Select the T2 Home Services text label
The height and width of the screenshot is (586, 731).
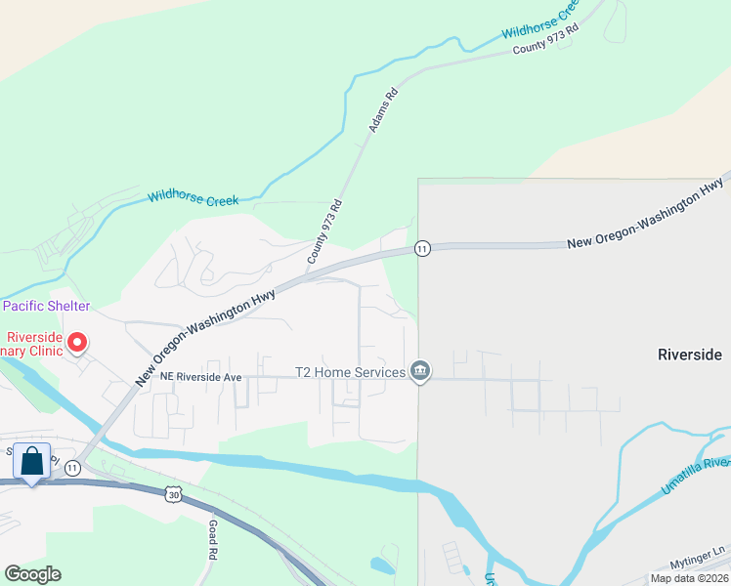point(350,373)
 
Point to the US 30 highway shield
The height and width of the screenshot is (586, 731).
point(173,495)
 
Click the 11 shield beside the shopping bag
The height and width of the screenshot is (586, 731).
point(71,468)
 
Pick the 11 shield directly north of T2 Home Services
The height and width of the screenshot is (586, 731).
point(421,248)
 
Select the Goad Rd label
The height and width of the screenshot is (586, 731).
point(212,539)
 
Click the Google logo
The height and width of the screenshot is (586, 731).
point(32,574)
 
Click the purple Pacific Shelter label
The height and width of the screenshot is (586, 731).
point(46,306)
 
